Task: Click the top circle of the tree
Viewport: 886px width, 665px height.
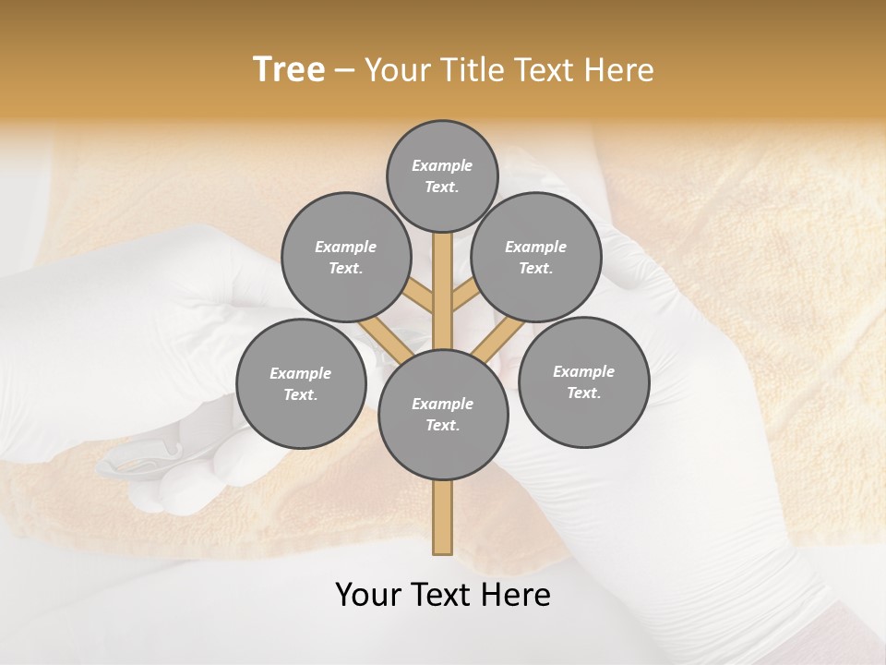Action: point(442,175)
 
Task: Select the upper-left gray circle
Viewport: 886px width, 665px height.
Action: point(346,257)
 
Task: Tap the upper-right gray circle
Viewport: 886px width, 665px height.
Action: point(536,257)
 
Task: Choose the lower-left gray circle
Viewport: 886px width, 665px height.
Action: point(301,383)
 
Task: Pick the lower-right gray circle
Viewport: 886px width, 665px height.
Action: point(583,381)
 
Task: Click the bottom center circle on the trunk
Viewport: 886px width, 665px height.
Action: point(443,414)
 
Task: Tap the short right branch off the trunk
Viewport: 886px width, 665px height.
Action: point(464,296)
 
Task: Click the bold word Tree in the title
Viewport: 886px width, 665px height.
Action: point(289,69)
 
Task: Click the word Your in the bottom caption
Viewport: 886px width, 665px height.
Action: point(368,595)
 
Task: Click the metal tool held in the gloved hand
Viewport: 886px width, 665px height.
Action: point(134,459)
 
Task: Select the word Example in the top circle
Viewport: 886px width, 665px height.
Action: point(442,166)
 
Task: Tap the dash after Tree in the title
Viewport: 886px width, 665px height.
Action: point(344,70)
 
